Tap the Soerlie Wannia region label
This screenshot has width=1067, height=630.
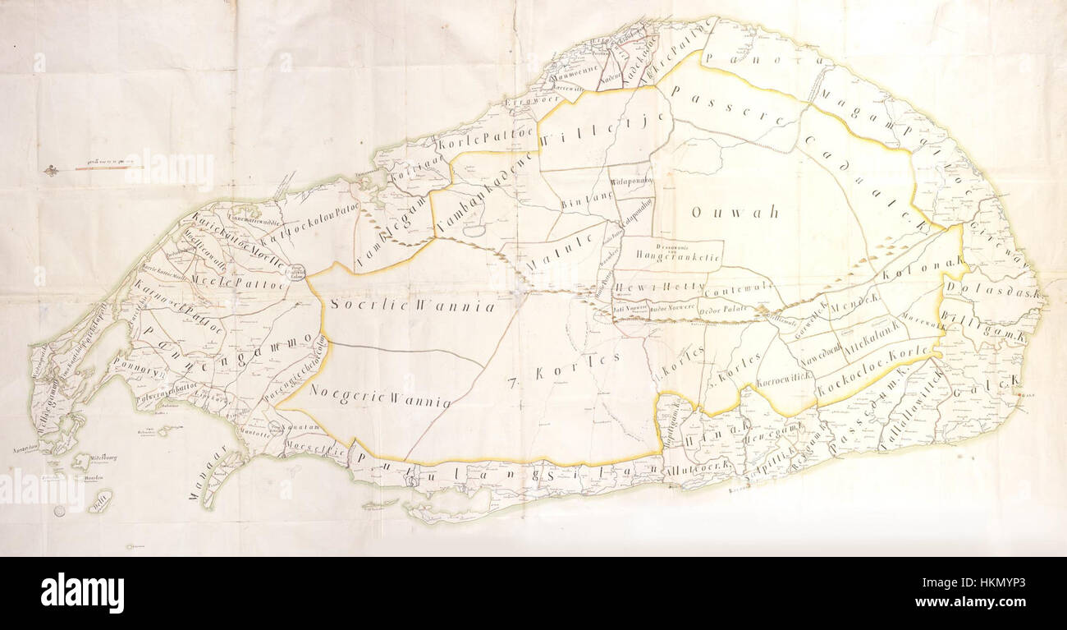tap(413, 306)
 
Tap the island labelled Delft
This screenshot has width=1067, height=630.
tap(100, 502)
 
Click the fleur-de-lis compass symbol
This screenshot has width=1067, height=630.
tap(51, 171)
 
